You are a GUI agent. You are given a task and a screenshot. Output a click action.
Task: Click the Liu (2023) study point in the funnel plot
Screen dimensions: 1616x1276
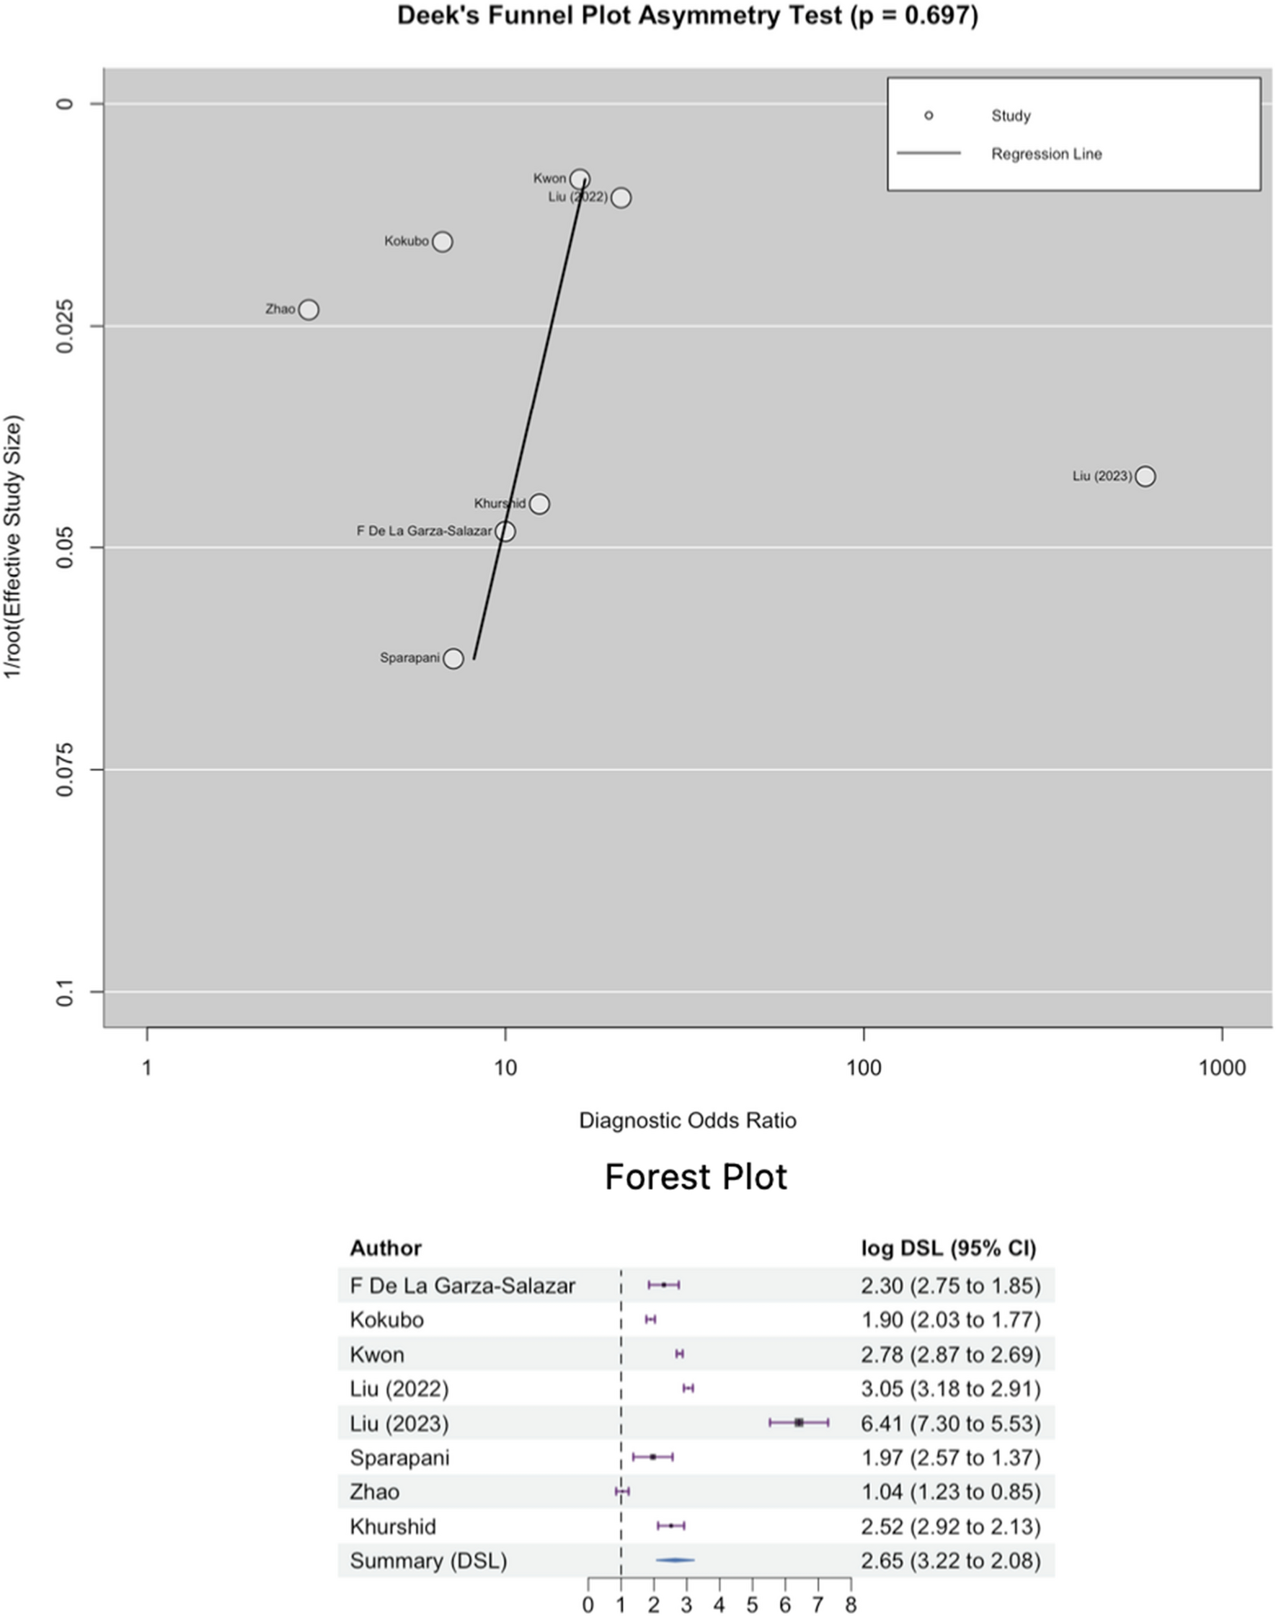(x=1145, y=476)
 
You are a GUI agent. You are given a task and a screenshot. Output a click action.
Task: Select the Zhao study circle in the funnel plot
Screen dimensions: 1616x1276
(x=309, y=309)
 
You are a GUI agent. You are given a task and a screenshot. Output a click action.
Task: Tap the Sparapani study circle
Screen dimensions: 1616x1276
(x=453, y=658)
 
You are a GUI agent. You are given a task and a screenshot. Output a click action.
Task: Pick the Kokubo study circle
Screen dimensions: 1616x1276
(x=443, y=241)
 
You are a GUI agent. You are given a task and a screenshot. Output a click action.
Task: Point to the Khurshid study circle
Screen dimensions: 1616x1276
(x=539, y=503)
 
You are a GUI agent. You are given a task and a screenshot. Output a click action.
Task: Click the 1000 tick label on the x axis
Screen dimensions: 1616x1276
(x=1222, y=1068)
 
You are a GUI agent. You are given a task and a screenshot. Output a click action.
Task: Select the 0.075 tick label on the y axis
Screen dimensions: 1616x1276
(x=66, y=769)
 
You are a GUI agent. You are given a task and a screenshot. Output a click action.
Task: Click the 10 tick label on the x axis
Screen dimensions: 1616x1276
(x=505, y=1068)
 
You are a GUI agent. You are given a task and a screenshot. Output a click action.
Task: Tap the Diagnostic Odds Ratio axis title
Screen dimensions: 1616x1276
(x=687, y=1120)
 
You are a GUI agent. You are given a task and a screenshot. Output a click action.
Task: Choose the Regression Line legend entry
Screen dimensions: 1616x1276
(x=1046, y=154)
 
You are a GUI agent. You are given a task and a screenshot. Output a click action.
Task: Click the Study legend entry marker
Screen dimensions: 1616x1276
(x=929, y=115)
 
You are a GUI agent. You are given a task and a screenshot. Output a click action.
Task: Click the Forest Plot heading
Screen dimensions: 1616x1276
(x=696, y=1177)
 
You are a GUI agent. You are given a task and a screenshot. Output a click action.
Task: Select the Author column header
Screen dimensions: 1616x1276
(x=386, y=1248)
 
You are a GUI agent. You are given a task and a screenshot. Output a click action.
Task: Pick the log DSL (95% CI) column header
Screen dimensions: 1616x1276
(x=949, y=1248)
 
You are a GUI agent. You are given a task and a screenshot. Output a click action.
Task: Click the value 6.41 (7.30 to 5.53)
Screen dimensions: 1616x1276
(x=950, y=1424)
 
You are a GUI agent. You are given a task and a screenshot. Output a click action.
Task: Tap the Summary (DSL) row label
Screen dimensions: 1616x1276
(x=428, y=1560)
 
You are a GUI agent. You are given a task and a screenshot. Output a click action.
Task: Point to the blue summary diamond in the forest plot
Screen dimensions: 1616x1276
(x=675, y=1560)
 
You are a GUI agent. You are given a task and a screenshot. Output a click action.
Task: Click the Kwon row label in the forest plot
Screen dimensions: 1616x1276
(x=376, y=1354)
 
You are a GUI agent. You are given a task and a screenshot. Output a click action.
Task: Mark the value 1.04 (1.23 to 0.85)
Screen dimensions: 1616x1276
(x=950, y=1492)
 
